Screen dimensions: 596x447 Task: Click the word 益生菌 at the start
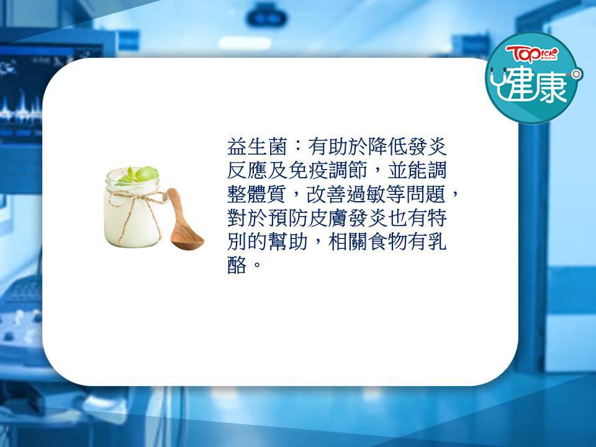coord(256,147)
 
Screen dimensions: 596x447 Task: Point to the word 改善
coord(326,194)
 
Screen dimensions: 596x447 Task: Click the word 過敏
coord(366,194)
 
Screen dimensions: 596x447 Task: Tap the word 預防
coord(287,218)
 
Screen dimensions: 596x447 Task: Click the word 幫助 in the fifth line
coord(287,242)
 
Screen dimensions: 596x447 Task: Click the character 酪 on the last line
coord(237,265)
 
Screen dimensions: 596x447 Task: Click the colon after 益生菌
coord(297,147)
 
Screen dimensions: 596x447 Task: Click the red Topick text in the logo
coord(532,54)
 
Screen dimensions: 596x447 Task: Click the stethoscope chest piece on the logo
coord(577,74)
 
